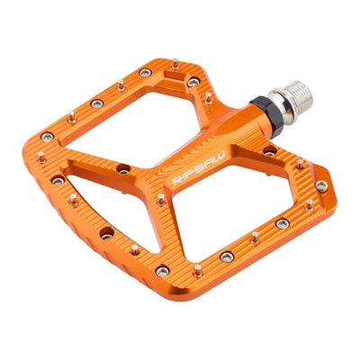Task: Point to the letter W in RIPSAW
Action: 212,156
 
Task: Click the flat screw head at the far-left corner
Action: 47,137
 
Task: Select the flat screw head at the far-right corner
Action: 321,186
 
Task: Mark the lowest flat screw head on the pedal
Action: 162,272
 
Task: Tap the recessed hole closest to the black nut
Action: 270,150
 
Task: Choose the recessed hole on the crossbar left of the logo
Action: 122,168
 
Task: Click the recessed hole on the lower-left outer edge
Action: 106,232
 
